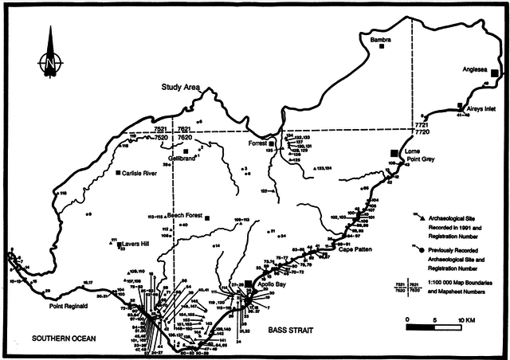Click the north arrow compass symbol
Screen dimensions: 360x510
pyautogui.click(x=49, y=56)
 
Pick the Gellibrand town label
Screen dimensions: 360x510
pyautogui.click(x=182, y=158)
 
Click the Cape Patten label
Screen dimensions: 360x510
pyautogui.click(x=354, y=249)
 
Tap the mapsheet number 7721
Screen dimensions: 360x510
pyautogui.click(x=422, y=126)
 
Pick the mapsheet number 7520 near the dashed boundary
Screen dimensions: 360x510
pyautogui.click(x=160, y=137)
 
